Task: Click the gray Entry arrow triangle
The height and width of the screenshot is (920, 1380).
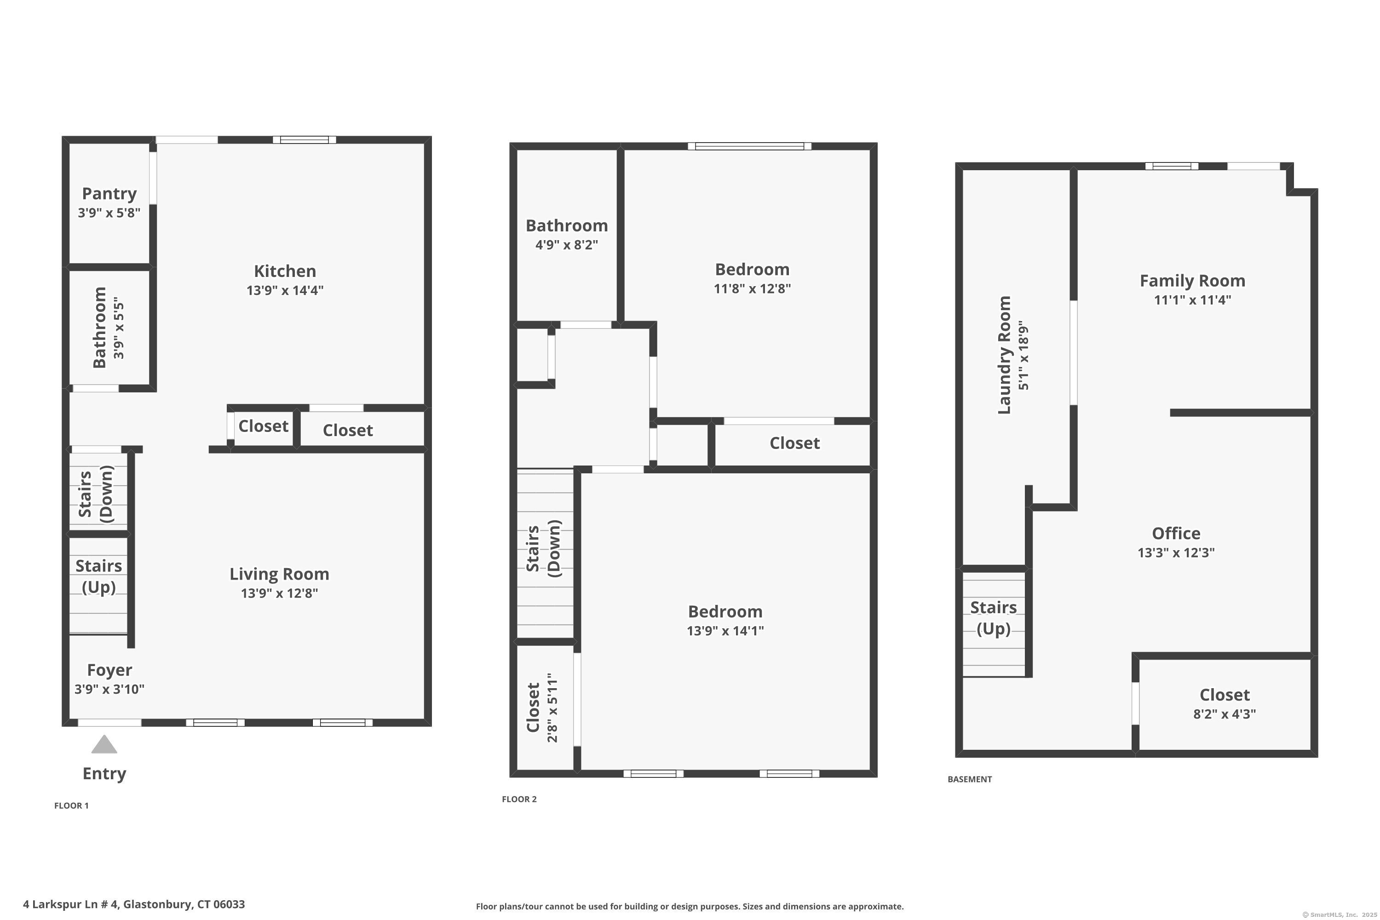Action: click(x=104, y=745)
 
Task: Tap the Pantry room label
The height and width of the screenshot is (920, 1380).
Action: click(x=109, y=194)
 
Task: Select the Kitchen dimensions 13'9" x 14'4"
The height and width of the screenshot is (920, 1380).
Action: click(x=285, y=290)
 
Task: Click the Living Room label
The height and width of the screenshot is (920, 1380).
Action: click(x=279, y=574)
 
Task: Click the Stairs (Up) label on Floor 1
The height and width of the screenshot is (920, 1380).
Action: click(x=98, y=576)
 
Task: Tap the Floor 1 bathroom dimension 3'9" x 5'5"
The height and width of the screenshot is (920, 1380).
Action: click(x=119, y=328)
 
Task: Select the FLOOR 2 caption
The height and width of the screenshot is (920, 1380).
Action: click(x=519, y=799)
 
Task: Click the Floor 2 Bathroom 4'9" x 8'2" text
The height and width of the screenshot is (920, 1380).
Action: click(x=566, y=245)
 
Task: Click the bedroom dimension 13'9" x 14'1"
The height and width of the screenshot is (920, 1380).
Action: click(x=725, y=631)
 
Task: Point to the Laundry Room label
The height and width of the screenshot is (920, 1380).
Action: click(x=1005, y=355)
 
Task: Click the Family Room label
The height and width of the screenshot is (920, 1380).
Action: click(x=1192, y=281)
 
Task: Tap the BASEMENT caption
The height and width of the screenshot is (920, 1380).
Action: click(x=969, y=779)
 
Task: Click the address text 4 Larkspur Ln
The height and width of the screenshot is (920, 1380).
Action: click(x=134, y=904)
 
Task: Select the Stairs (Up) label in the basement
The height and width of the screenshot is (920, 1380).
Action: click(x=993, y=618)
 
